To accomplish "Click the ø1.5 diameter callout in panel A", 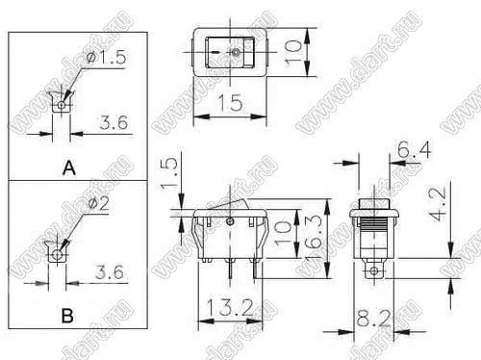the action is coord(107,58).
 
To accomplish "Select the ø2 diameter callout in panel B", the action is coord(99,204).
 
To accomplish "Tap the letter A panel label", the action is coord(69,168).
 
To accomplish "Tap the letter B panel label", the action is coord(67,315).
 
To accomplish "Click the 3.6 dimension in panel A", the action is coord(114,122).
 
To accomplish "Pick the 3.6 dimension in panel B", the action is coord(110,272).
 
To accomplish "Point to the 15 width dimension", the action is coord(230,103).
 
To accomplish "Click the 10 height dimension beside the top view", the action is coord(293,53).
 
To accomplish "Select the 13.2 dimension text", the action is coord(229,307).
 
